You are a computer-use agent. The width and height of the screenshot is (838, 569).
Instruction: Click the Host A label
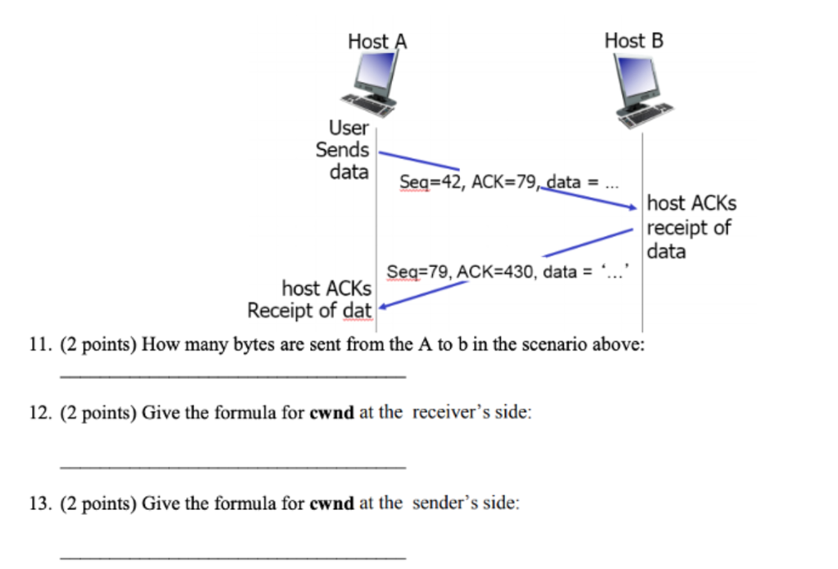[x=377, y=41]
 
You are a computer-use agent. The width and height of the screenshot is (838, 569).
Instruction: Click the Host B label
[x=634, y=39]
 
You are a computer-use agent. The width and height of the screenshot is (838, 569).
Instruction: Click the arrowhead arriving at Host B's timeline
[x=631, y=208]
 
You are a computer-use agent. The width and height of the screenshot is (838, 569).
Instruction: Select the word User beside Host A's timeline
[x=349, y=128]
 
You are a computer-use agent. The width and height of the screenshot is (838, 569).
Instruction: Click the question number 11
[x=39, y=344]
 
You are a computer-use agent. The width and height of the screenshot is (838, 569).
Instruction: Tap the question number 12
[x=39, y=413]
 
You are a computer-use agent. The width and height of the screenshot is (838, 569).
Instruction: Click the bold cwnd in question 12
[x=331, y=413]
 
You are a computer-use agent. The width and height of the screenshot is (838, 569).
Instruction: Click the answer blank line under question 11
[x=232, y=377]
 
